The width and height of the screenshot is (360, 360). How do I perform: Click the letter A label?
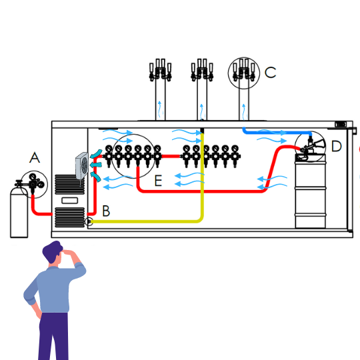(x=35, y=157)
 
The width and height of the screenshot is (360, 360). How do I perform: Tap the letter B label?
(x=106, y=211)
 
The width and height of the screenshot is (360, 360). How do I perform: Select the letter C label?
(x=270, y=72)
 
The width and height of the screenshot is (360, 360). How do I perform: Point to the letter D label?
(x=337, y=146)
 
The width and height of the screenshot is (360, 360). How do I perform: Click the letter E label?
(x=158, y=181)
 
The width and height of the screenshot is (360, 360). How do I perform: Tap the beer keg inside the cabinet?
(x=310, y=191)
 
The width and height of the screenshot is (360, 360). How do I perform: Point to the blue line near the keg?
(x=277, y=133)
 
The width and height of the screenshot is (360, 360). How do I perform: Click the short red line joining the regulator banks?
(x=171, y=157)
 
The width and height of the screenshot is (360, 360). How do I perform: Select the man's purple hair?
(x=53, y=251)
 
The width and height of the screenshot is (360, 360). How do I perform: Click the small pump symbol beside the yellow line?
(x=89, y=221)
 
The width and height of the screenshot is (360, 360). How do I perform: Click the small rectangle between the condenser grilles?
(x=70, y=201)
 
